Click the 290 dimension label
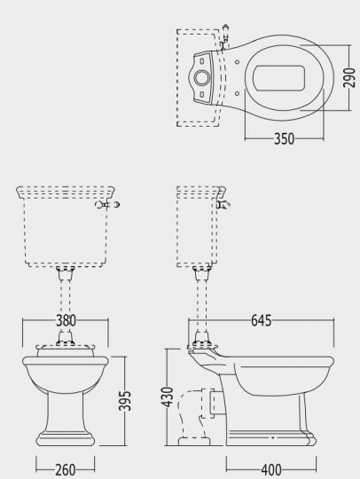[x=350, y=78]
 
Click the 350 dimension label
[x=284, y=139]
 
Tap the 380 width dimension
[x=66, y=320]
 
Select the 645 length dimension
[x=261, y=320]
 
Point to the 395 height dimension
[x=124, y=401]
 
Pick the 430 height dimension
[x=167, y=397]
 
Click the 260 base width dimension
[x=66, y=469]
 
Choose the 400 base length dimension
[x=271, y=469]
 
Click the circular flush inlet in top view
[x=202, y=78]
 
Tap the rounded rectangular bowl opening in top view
[x=278, y=78]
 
